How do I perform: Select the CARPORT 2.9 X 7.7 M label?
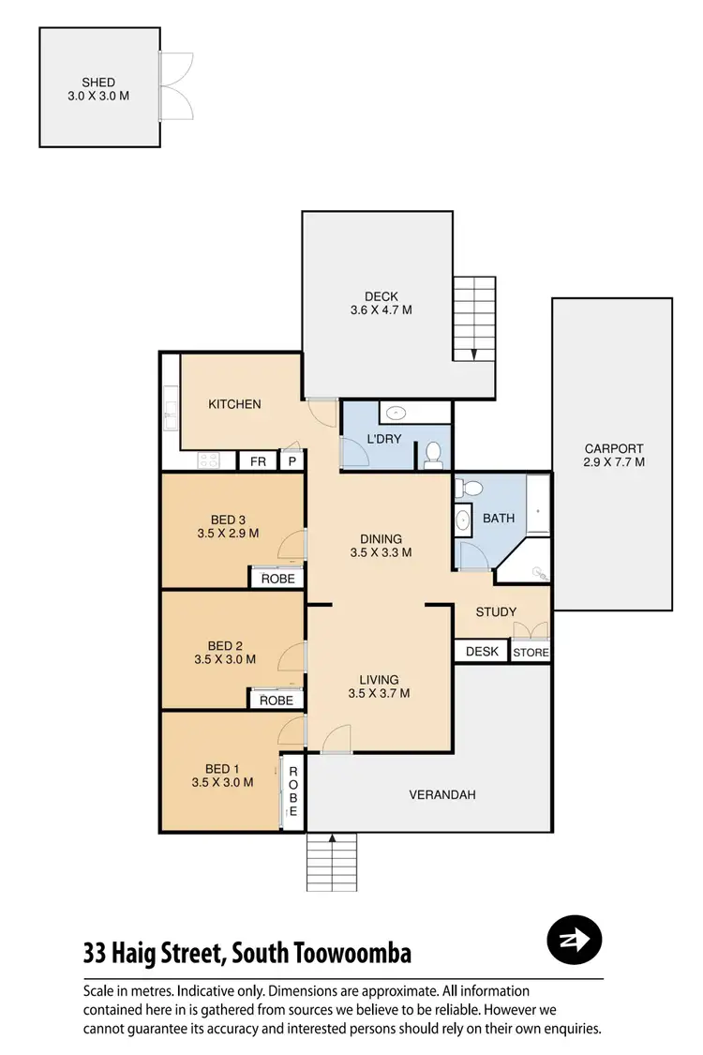point(614,455)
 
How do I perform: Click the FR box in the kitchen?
point(256,461)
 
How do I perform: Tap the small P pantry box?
point(292,461)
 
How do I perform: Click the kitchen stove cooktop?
point(208,460)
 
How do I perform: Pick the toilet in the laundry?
point(433,454)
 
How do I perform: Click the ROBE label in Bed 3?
point(277,579)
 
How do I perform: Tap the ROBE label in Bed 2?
point(276,700)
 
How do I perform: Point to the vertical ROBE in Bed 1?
point(292,791)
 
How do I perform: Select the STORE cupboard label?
point(531,652)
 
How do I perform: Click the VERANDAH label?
point(442,794)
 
